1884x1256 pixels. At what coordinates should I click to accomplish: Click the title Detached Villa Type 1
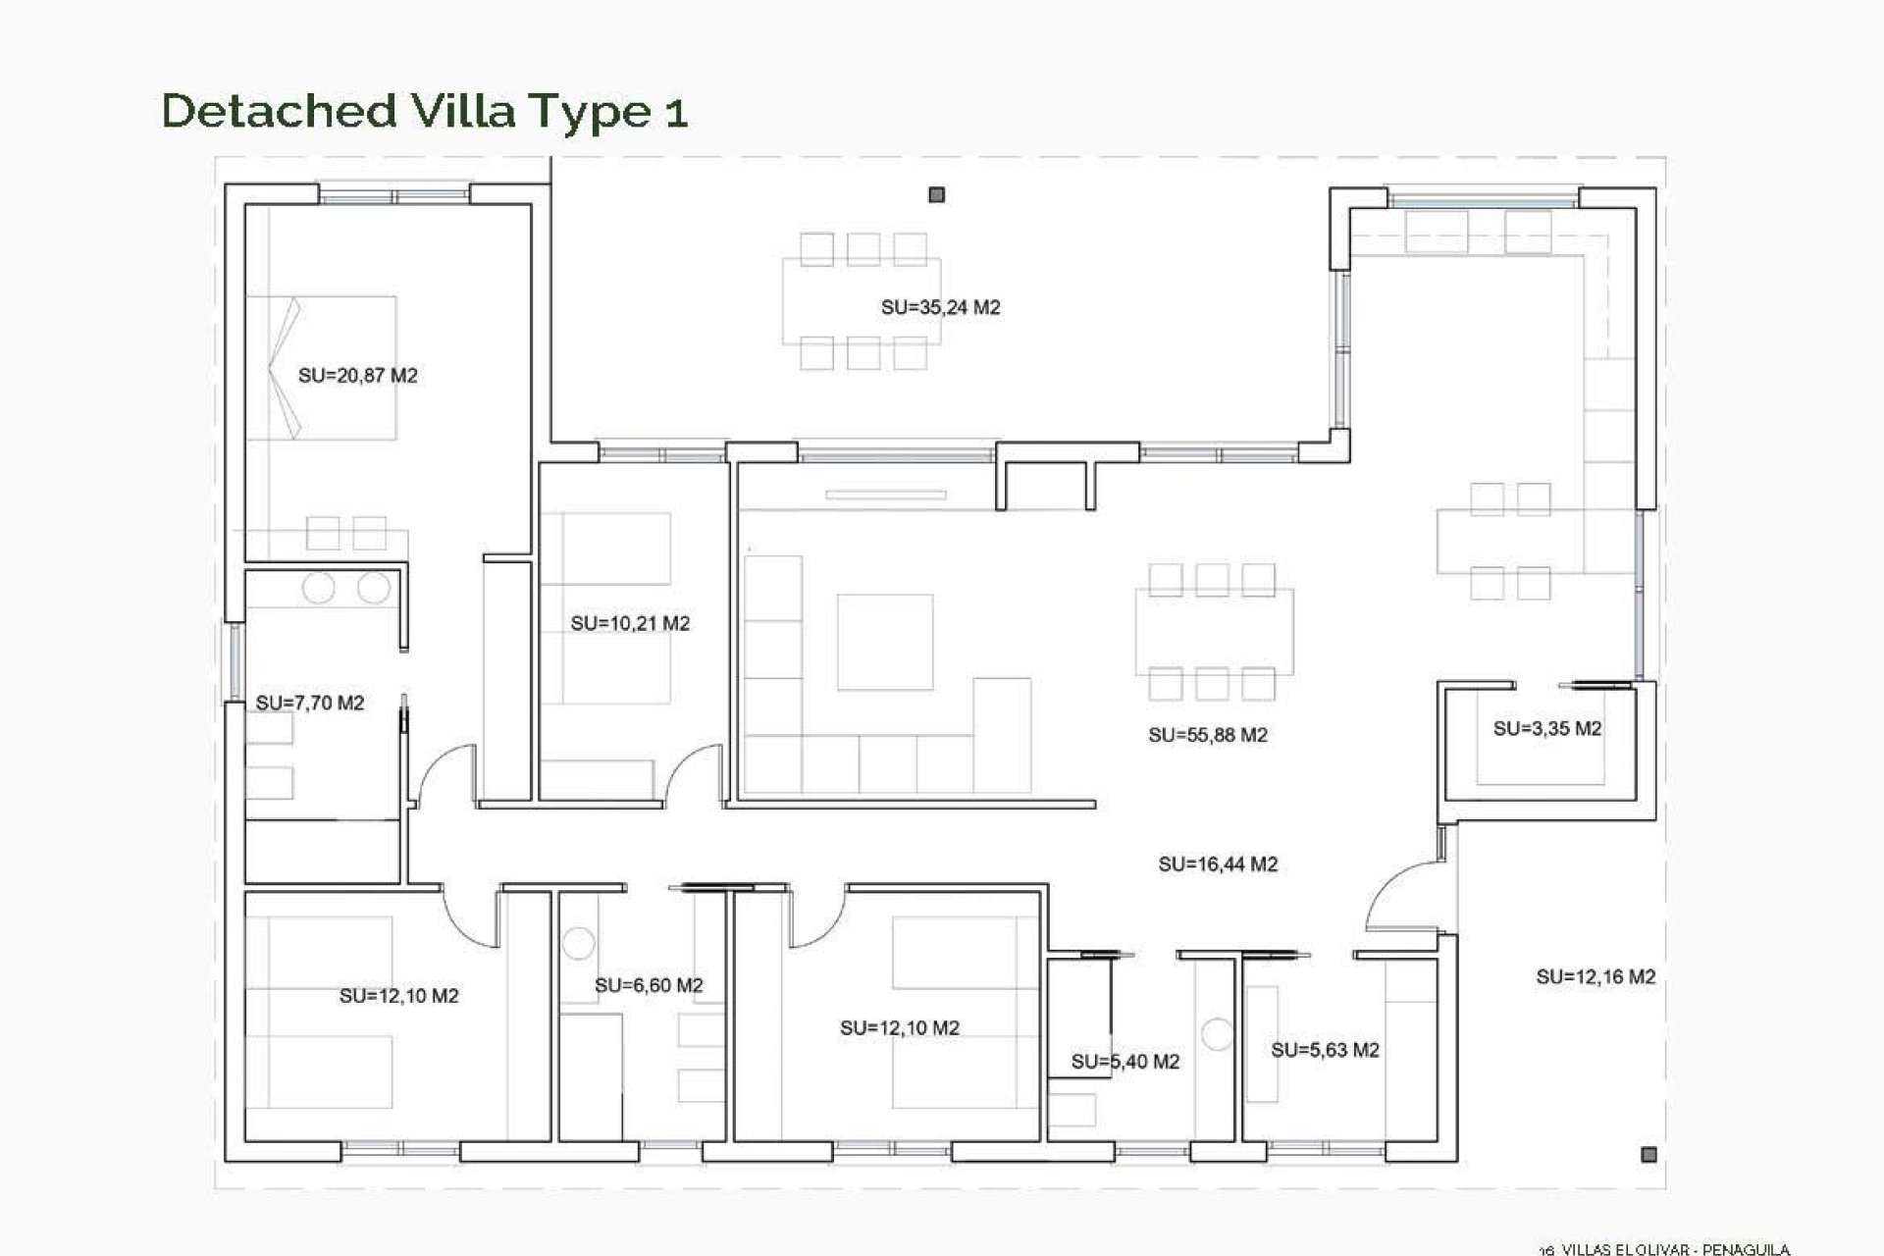[x=424, y=111]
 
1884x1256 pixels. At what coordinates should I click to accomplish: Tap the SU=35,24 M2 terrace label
[x=940, y=307]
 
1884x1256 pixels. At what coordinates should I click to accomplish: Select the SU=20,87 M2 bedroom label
[x=357, y=375]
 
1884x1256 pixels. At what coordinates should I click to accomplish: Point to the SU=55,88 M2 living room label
[x=1207, y=735]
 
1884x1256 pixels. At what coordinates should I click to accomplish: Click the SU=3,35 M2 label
[x=1546, y=728]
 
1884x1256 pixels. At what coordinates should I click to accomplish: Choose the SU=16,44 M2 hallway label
[x=1217, y=863]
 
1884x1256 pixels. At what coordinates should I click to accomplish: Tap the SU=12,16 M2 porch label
[x=1595, y=976]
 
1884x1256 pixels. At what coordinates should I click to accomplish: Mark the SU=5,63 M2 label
[x=1325, y=1050]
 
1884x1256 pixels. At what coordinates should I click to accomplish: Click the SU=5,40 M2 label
[x=1125, y=1061]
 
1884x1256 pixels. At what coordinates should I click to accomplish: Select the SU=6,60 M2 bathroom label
[x=649, y=985]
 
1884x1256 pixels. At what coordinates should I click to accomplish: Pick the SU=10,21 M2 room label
[x=630, y=623]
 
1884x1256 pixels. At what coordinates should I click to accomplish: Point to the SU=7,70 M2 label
[x=309, y=703]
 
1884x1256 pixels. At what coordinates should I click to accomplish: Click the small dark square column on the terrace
[x=936, y=195]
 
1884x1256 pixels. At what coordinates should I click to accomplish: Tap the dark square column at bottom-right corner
[x=1648, y=1155]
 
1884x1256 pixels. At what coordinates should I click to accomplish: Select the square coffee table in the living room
[x=884, y=642]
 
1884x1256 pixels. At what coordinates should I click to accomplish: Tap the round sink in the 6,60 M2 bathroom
[x=578, y=943]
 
